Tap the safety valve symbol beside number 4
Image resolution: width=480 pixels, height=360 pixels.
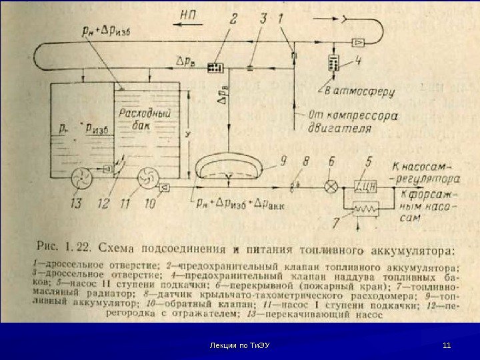pos(332,64)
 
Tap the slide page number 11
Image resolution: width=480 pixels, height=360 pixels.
pos(447,345)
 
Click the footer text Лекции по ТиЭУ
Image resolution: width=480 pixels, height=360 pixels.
pos(239,345)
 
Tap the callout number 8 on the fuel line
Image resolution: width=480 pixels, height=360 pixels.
pos(306,161)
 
